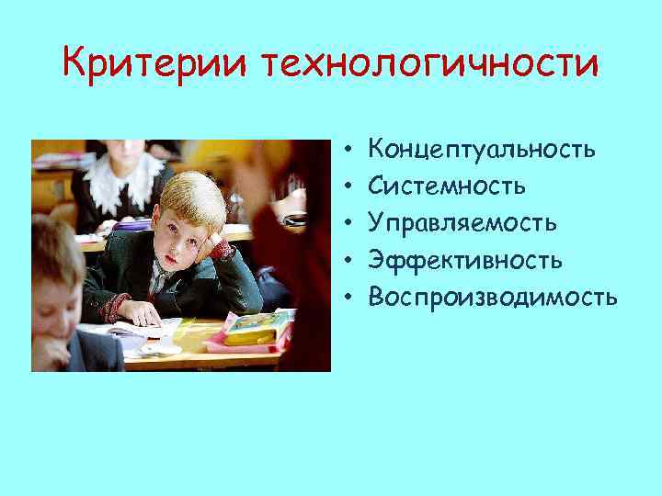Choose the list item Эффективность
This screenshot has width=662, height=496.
pos(465,260)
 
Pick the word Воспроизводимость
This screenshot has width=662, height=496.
pos(493,297)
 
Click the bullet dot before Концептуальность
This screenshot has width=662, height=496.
pos(350,149)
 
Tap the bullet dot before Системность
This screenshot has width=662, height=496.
pos(350,186)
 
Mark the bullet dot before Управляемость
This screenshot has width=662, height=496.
pos(350,223)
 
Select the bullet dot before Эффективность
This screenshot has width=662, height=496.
pos(350,261)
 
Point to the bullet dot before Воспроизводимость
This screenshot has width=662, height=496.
pos(350,298)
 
